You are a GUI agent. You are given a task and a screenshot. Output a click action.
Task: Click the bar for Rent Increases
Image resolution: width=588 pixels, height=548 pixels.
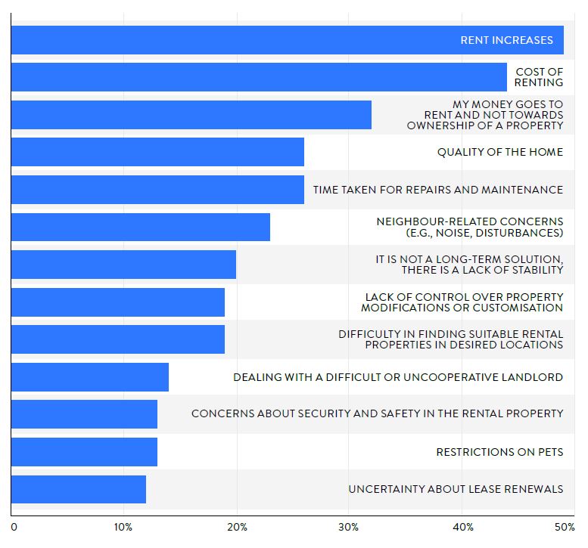[x=227, y=40]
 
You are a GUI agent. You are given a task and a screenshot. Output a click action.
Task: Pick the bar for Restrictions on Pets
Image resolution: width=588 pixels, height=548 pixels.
[x=84, y=452]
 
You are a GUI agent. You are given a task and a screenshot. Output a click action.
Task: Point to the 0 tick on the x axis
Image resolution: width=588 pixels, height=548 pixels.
[x=14, y=526]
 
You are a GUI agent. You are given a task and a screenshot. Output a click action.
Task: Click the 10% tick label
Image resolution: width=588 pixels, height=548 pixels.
[x=123, y=526]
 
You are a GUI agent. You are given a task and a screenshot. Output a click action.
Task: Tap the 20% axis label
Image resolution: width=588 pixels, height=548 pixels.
[x=236, y=526]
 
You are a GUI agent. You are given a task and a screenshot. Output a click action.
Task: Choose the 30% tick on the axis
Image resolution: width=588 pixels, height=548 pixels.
[x=348, y=526]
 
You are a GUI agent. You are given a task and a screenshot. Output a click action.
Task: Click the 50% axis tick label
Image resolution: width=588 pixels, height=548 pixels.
[x=564, y=526]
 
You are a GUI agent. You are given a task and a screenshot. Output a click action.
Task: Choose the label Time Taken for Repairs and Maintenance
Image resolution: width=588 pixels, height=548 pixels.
[x=438, y=190]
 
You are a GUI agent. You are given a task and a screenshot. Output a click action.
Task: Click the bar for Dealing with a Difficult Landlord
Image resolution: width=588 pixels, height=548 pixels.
[x=90, y=377]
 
